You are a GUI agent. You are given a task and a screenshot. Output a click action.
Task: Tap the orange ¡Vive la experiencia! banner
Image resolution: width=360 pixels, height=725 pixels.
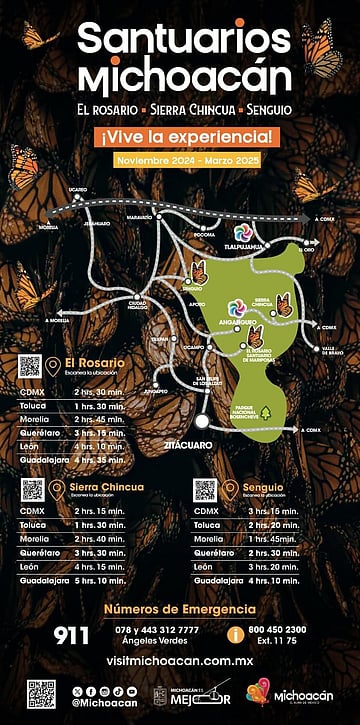180,136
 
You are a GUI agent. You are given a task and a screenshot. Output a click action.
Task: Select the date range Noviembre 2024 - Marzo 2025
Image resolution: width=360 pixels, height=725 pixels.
180,160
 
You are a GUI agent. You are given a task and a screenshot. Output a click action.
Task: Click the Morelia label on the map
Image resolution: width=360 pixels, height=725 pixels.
48,227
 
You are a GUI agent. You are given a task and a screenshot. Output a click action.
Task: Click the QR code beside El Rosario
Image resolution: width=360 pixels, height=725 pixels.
30,366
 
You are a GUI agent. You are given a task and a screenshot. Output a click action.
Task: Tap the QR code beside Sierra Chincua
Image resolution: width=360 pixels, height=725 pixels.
33,490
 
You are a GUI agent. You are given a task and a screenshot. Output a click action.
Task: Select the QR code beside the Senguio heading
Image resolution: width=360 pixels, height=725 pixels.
205,490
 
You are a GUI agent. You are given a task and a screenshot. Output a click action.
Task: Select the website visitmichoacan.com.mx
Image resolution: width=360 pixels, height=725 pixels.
180,661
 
